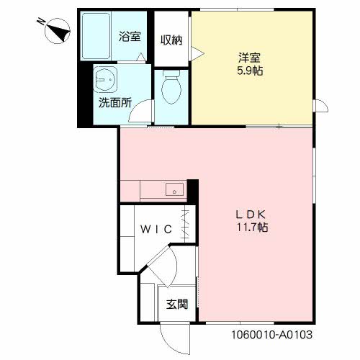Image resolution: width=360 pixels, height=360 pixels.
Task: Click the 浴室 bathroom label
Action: [130, 37]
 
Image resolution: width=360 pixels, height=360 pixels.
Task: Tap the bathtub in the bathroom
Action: [96, 36]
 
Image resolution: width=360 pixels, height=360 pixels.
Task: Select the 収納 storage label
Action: [171, 40]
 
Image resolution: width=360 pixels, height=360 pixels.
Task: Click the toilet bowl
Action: [171, 87]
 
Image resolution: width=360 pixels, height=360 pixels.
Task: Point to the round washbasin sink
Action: [105, 78]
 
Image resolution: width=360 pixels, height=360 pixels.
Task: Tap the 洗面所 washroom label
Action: [115, 103]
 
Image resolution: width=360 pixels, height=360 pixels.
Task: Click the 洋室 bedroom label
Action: [250, 58]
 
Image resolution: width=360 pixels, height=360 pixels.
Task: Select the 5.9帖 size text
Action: [250, 71]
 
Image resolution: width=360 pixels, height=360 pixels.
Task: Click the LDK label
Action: [251, 215]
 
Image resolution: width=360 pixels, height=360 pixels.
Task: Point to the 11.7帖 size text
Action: [252, 227]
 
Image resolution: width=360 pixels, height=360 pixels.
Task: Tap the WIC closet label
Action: [156, 229]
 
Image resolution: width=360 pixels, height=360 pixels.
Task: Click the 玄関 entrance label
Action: [177, 305]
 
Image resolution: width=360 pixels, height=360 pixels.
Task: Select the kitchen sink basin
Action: [174, 189]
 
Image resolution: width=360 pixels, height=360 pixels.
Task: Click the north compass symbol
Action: [58, 31]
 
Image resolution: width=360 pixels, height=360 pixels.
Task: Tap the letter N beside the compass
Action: [41, 22]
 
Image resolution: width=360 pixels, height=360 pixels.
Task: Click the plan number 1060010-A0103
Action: [272, 335]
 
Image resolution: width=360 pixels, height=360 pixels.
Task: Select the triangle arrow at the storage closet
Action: [197, 53]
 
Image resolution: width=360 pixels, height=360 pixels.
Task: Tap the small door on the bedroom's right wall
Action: [320, 105]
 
